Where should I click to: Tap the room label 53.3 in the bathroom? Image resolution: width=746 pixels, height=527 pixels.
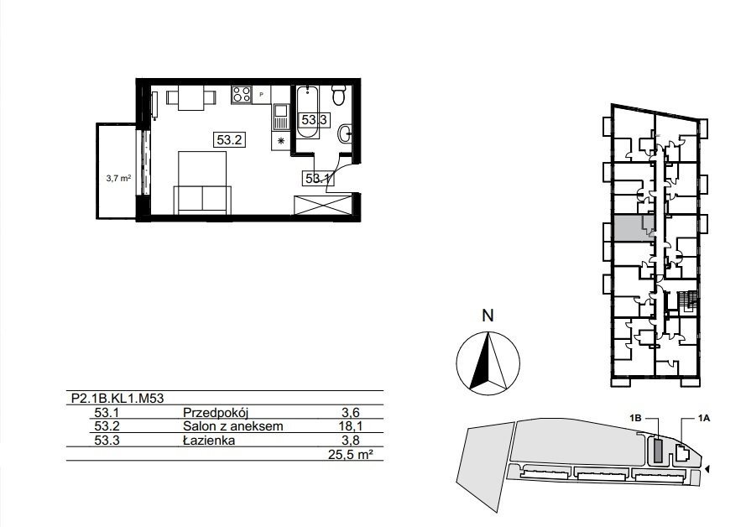(314, 120)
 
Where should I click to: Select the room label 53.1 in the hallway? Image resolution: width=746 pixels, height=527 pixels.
(318, 179)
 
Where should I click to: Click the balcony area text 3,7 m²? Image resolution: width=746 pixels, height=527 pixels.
(118, 179)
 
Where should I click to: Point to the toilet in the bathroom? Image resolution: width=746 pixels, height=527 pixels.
(339, 95)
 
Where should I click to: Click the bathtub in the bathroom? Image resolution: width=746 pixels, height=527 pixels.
(307, 112)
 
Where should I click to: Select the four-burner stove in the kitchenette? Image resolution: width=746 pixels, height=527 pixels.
(241, 95)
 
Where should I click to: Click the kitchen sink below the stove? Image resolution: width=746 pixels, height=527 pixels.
(281, 117)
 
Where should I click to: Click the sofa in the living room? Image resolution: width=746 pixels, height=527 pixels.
(202, 200)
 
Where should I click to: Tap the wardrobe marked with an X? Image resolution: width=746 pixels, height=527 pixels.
(323, 205)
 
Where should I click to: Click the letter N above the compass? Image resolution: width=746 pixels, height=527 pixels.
(488, 316)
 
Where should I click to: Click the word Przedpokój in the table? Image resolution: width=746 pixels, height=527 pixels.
(216, 412)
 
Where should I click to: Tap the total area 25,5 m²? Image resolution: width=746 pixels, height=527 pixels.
(350, 455)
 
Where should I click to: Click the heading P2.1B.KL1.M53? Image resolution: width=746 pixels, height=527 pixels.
(117, 399)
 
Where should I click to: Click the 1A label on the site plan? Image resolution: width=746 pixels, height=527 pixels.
(704, 419)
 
